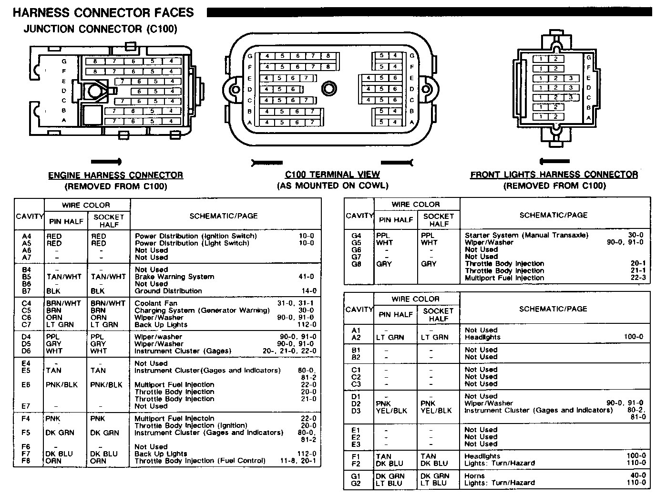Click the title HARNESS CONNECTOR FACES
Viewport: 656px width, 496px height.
pyautogui.click(x=103, y=12)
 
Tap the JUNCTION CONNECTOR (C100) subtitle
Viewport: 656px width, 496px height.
pyautogui.click(x=100, y=29)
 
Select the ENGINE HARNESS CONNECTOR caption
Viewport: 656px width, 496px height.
pyautogui.click(x=115, y=176)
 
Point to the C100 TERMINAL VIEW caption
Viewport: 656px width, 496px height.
pyautogui.click(x=332, y=175)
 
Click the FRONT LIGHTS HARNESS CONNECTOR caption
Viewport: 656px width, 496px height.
pyautogui.click(x=554, y=175)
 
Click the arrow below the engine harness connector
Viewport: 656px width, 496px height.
pyautogui.click(x=106, y=162)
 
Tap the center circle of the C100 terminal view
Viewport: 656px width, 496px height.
pyautogui.click(x=328, y=88)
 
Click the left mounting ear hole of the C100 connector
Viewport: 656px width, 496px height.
pyautogui.click(x=234, y=89)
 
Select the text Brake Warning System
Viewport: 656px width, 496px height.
pyautogui.click(x=174, y=277)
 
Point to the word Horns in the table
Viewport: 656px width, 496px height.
pyautogui.click(x=474, y=476)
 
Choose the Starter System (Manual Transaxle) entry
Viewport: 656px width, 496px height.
pyautogui.click(x=526, y=235)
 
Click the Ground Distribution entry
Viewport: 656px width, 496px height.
pyautogui.click(x=168, y=291)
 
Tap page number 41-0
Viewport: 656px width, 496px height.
pyautogui.click(x=307, y=277)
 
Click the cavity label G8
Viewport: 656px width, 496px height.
pyautogui.click(x=356, y=264)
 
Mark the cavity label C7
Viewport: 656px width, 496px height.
pyautogui.click(x=26, y=325)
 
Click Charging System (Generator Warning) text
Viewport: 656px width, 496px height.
pyautogui.click(x=202, y=310)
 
